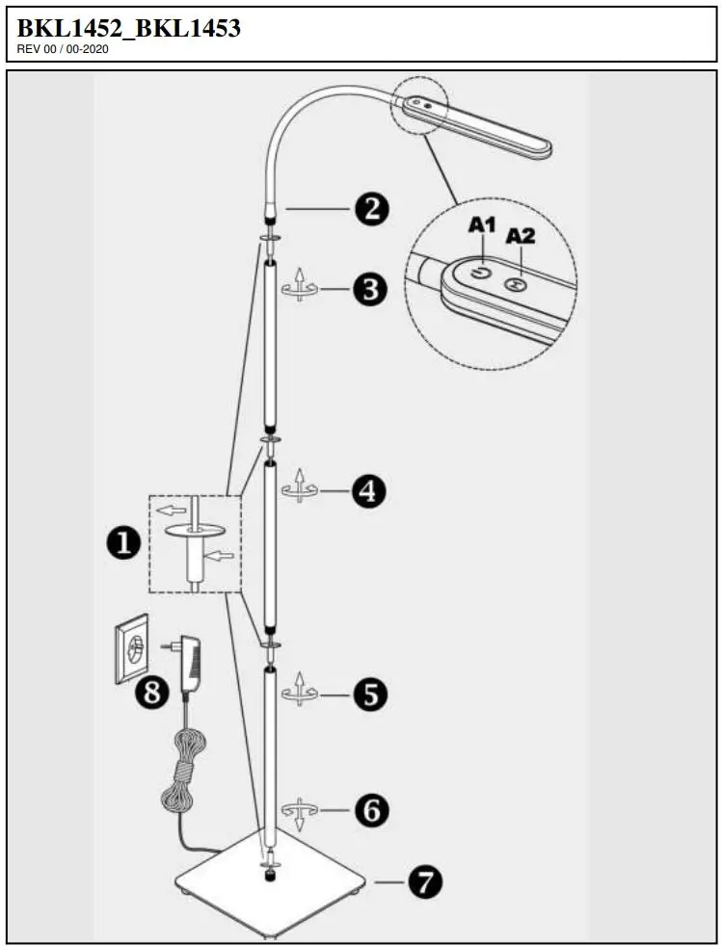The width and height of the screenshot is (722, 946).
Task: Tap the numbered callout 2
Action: click(x=371, y=208)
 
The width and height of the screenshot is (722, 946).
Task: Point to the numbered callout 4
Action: click(x=368, y=492)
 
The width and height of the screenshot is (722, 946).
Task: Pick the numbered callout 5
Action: click(x=370, y=694)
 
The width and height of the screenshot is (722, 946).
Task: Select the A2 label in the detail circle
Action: click(x=521, y=235)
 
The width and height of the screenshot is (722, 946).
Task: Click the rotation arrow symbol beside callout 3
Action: click(x=301, y=288)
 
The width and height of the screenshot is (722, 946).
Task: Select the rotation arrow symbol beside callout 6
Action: click(x=300, y=811)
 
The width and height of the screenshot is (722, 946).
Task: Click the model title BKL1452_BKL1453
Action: click(x=128, y=29)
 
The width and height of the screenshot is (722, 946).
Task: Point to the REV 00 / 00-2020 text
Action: click(x=63, y=49)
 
